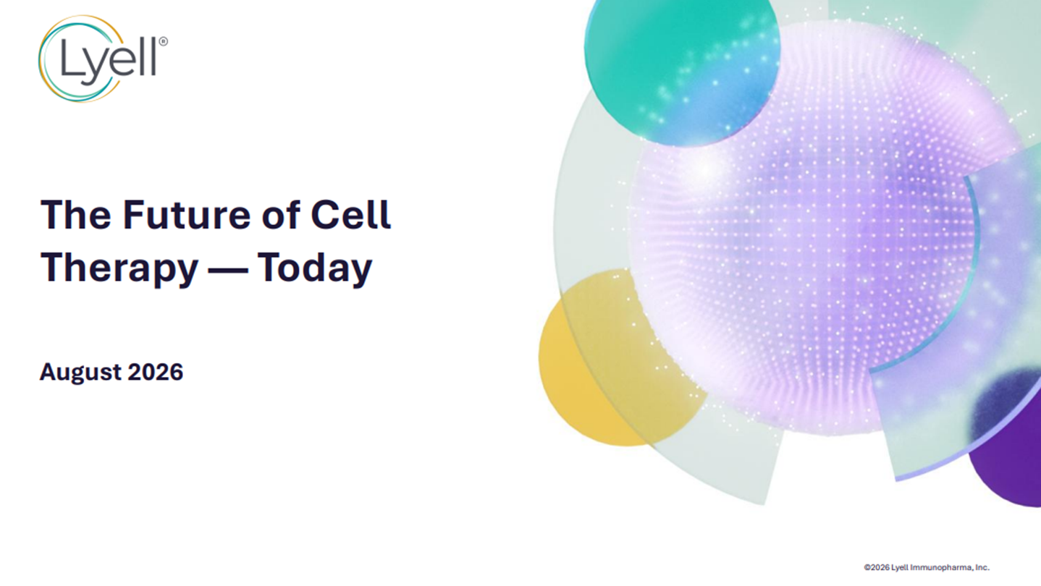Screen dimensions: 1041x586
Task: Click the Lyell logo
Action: pos(103,59)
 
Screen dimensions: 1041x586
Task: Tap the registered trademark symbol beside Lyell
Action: pos(163,41)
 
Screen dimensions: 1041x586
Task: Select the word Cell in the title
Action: pos(351,215)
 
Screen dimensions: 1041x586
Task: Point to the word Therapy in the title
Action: pos(119,268)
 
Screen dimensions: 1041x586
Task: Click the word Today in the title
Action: pos(315,268)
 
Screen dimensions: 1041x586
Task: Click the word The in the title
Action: pos(76,215)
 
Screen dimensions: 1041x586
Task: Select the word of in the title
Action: pos(281,215)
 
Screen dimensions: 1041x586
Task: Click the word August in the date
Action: pos(80,373)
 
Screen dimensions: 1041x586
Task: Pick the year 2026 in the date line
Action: pos(155,372)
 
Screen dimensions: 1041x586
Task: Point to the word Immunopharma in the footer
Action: pos(939,567)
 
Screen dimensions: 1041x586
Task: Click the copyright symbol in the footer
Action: pos(867,567)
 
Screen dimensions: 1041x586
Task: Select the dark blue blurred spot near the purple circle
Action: pos(1004,402)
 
